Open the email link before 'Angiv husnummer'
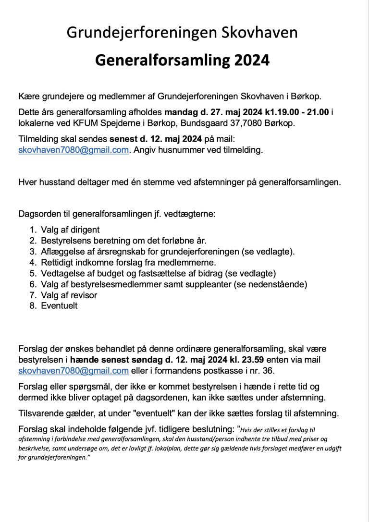click(x=74, y=150)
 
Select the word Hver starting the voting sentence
click(x=27, y=182)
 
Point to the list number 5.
click(x=33, y=274)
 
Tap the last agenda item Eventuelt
click(x=59, y=306)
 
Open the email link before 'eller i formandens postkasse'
click(x=74, y=370)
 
